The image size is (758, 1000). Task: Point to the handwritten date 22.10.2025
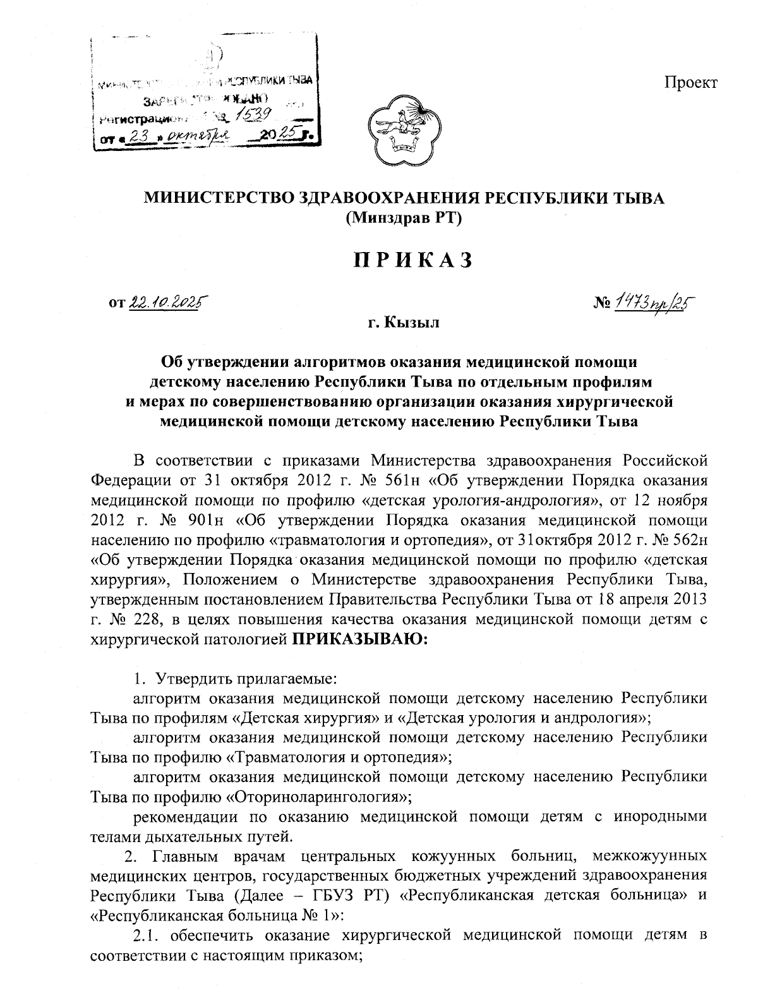[x=169, y=303]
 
